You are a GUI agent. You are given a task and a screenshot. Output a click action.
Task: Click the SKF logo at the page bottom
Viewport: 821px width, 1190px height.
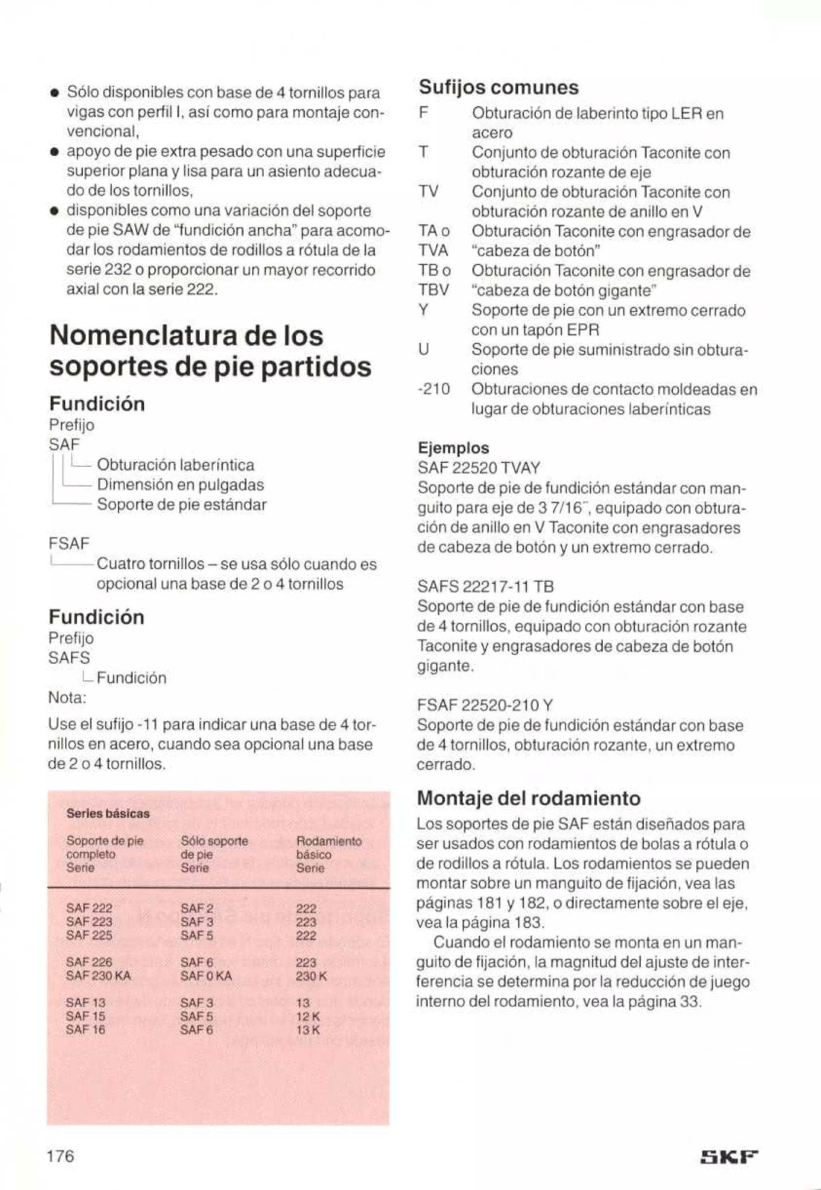pyautogui.click(x=730, y=1157)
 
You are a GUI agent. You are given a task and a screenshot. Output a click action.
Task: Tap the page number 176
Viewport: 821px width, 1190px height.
pyautogui.click(x=61, y=1155)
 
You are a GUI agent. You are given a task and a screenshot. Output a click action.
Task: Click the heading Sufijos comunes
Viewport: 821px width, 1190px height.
pyautogui.click(x=498, y=87)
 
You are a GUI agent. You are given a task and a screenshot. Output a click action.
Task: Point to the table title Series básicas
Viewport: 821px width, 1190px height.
pyautogui.click(x=107, y=814)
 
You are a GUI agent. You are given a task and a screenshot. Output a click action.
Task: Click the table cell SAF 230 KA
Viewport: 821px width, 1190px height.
pyautogui.click(x=98, y=976)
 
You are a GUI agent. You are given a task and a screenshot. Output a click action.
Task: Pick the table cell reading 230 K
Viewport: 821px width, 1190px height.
pyautogui.click(x=311, y=976)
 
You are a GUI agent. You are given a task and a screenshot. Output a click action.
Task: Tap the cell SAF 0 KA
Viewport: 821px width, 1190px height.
pyautogui.click(x=206, y=976)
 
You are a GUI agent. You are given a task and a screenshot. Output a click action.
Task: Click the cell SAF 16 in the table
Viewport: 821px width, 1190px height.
pyautogui.click(x=85, y=1030)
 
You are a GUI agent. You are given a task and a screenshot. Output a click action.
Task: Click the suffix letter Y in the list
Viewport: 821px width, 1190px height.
pyautogui.click(x=423, y=311)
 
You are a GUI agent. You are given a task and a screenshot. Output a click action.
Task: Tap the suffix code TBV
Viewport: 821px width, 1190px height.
pyautogui.click(x=434, y=290)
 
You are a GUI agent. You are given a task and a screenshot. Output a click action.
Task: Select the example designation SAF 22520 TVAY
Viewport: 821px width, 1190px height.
pyautogui.click(x=478, y=468)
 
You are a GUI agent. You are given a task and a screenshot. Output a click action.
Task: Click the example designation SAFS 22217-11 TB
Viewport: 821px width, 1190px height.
pyautogui.click(x=485, y=586)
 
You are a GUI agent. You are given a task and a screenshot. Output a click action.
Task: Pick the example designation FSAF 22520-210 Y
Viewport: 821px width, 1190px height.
pyautogui.click(x=485, y=705)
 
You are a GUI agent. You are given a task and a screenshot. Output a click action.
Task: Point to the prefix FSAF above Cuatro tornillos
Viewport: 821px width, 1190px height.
pyautogui.click(x=69, y=543)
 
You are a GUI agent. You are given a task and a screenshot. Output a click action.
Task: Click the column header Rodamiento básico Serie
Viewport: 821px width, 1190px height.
pyautogui.click(x=329, y=855)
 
